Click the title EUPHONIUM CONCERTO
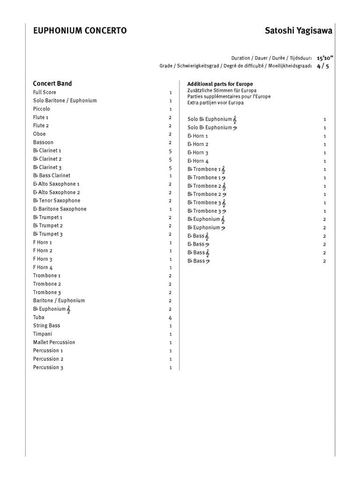tap(80, 31)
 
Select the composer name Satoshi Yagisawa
tap(299, 31)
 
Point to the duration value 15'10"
tap(325, 58)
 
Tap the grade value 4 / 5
tap(323, 66)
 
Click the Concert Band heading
tap(52, 83)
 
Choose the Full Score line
tap(45, 92)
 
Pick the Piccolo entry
tap(42, 109)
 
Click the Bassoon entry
tap(43, 142)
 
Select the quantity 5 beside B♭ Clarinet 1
tap(170, 151)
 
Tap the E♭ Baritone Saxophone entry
tap(60, 209)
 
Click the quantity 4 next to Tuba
tap(170, 317)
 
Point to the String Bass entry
tap(46, 325)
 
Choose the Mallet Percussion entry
tap(54, 342)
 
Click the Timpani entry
tap(43, 334)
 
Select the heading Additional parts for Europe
tap(220, 84)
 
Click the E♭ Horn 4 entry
tap(198, 161)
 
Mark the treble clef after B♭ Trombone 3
tap(224, 203)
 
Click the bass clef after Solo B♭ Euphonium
tap(235, 127)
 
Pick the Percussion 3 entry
tap(48, 367)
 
